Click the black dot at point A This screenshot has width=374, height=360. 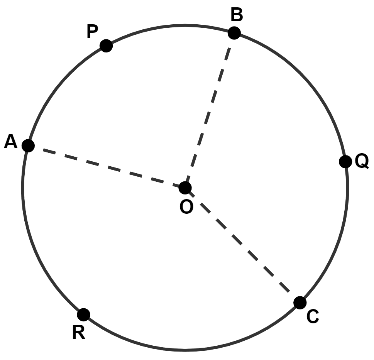click(x=28, y=146)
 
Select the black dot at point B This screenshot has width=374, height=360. click(x=234, y=33)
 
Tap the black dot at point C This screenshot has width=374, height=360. click(x=300, y=303)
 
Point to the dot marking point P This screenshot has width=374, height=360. click(x=106, y=46)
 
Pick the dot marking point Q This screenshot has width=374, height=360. click(x=345, y=162)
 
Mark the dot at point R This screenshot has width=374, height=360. click(x=83, y=314)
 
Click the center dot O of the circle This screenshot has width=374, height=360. click(x=185, y=188)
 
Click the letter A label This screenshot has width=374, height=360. click(x=11, y=143)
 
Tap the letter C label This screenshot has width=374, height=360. click(x=313, y=317)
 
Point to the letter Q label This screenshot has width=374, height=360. click(x=362, y=162)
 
